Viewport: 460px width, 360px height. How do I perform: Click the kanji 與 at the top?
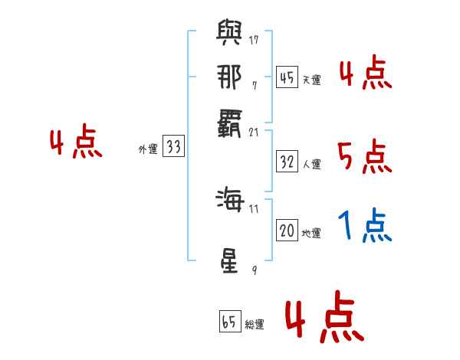click(230, 34)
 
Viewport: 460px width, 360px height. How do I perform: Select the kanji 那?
click(230, 77)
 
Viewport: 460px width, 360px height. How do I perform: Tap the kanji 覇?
click(230, 121)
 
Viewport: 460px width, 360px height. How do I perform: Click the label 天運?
click(311, 80)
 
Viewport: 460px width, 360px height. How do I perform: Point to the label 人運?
click(311, 163)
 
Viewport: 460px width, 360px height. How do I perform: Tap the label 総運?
click(255, 325)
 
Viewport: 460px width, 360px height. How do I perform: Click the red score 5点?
click(364, 157)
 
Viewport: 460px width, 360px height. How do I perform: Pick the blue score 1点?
click(364, 227)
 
